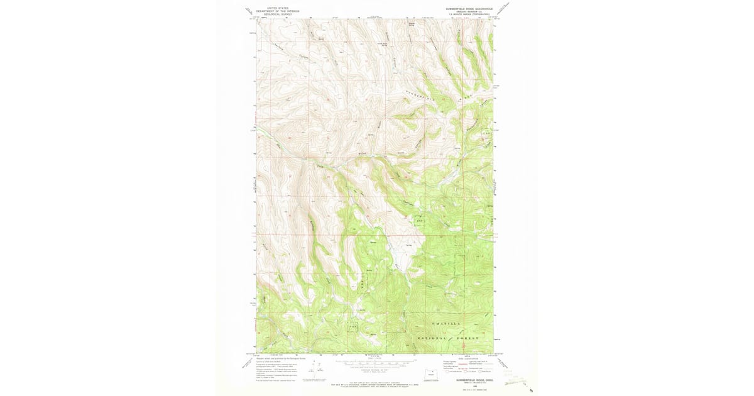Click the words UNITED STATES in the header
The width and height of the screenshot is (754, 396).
pyautogui.click(x=278, y=9)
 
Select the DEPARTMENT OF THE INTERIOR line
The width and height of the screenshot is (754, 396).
pyautogui.click(x=278, y=11)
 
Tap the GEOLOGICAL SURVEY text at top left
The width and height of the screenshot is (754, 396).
pyautogui.click(x=278, y=14)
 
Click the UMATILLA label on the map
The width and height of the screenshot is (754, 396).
pyautogui.click(x=447, y=323)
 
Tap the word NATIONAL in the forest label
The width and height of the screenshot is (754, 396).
pyautogui.click(x=434, y=338)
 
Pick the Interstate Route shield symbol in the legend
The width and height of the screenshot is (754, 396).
pyautogui.click(x=447, y=372)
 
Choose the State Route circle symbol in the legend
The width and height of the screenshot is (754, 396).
pyautogui.click(x=482, y=372)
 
